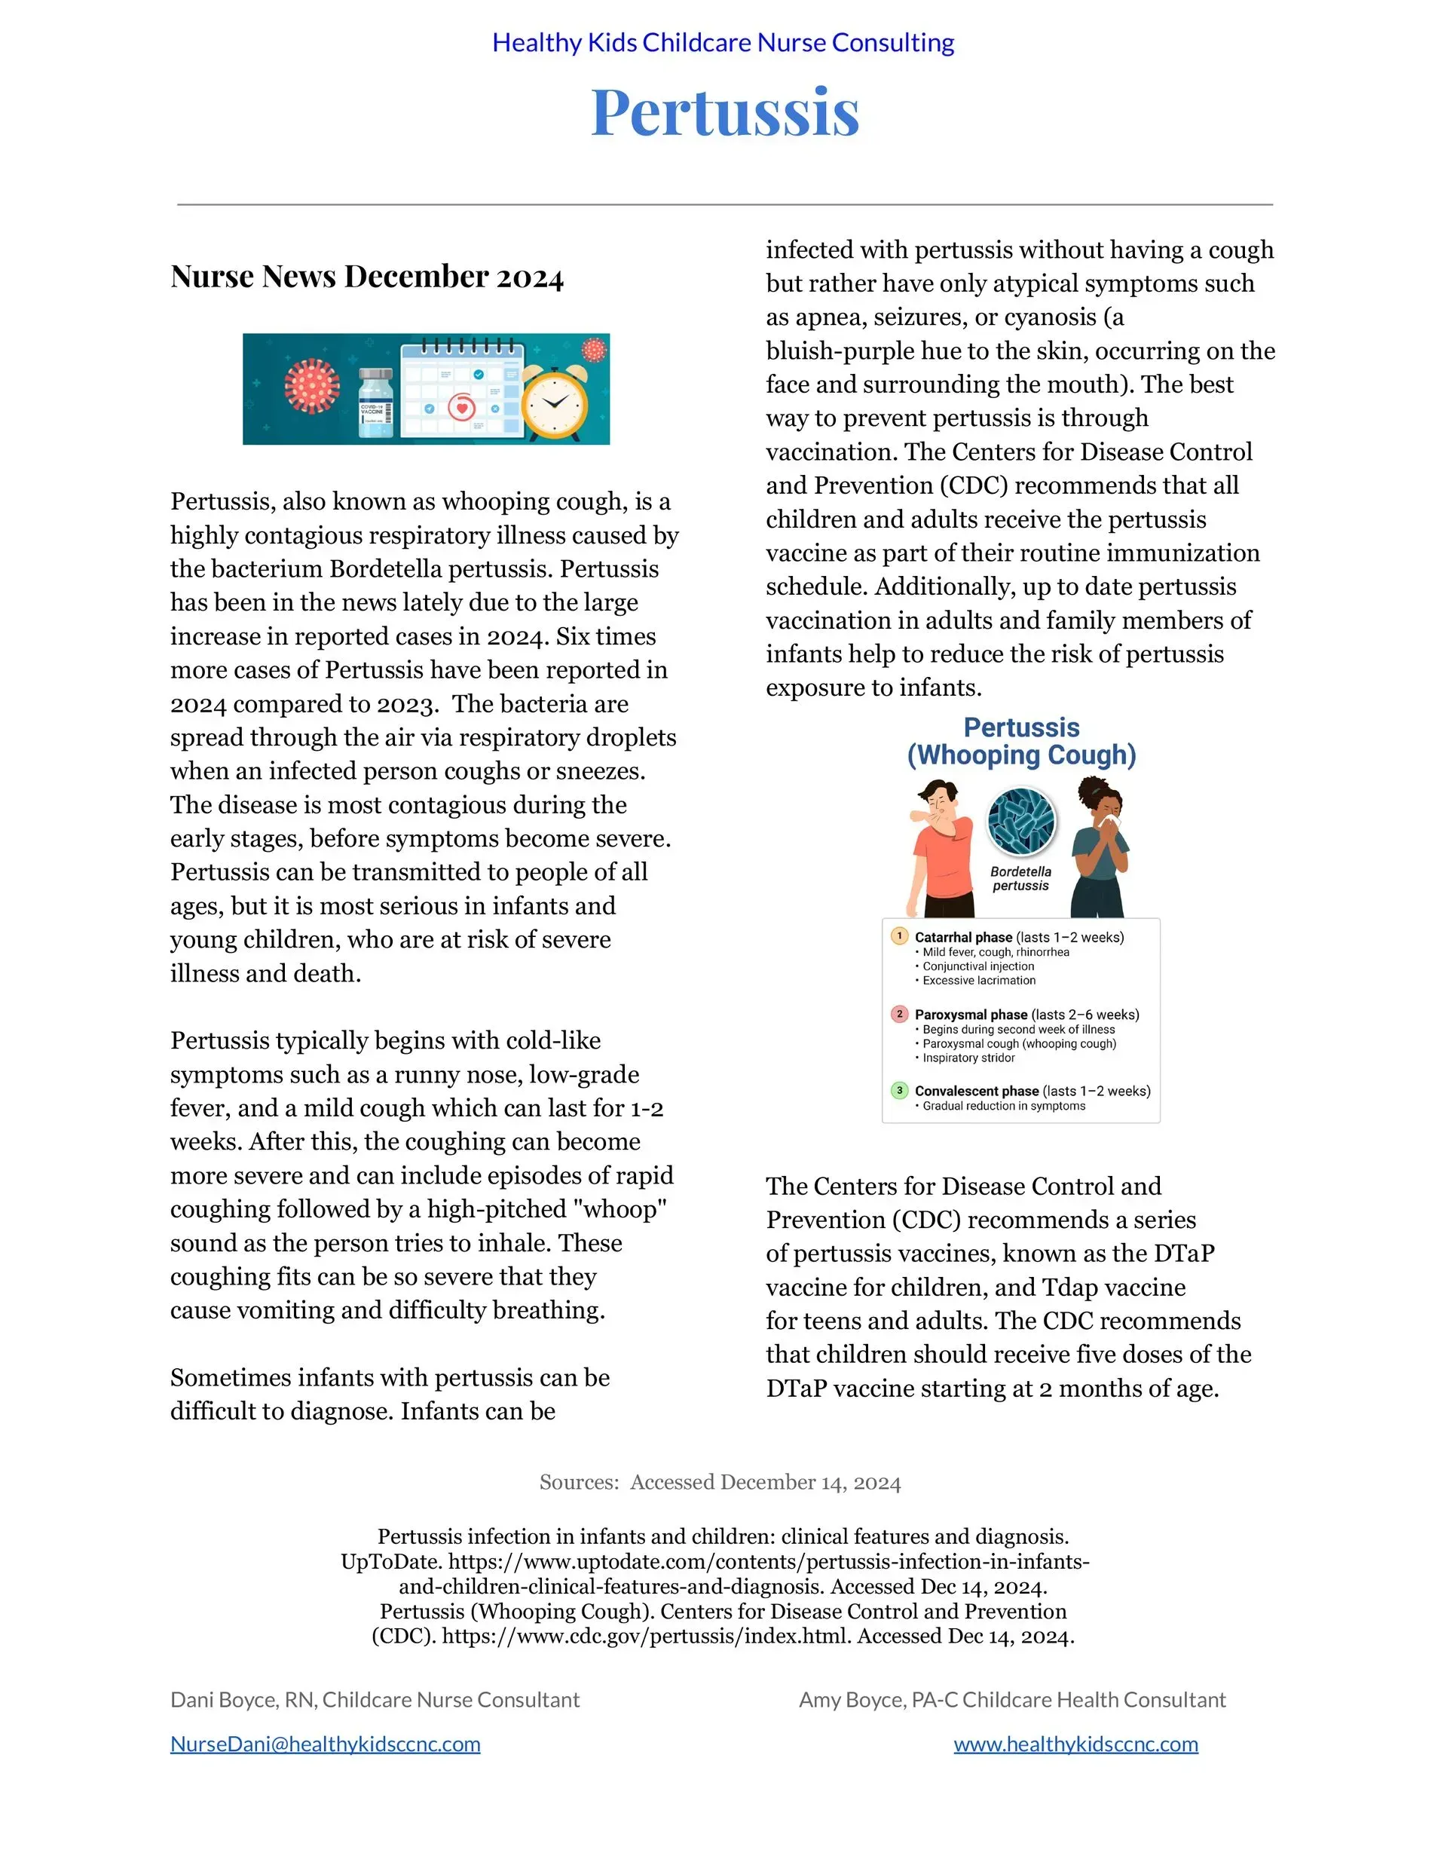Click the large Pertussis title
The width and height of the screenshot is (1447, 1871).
(724, 112)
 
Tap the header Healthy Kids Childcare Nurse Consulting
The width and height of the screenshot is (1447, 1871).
(723, 42)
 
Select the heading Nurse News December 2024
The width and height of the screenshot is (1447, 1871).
(367, 277)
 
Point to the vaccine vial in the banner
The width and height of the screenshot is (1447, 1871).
(375, 403)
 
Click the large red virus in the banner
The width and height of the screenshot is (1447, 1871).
(312, 385)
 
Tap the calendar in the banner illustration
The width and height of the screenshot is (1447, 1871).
(461, 390)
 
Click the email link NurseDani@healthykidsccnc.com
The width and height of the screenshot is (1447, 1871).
(325, 1744)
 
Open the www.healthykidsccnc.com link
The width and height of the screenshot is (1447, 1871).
(1075, 1744)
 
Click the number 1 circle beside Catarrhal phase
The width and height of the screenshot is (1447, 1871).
(898, 935)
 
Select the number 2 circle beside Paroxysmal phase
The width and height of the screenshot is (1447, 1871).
(898, 1013)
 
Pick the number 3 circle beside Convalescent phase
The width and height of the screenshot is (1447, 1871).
(898, 1091)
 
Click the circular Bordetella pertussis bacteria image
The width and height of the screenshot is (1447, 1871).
(1021, 821)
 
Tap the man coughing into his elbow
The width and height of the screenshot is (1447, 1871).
(940, 848)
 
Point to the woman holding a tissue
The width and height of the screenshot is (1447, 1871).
(1101, 848)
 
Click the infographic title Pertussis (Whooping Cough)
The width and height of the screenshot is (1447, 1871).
(1021, 741)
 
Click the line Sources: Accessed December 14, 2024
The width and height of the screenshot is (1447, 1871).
(720, 1482)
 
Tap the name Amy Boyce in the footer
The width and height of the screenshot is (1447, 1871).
(852, 1700)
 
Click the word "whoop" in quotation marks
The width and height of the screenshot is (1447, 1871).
(619, 1209)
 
